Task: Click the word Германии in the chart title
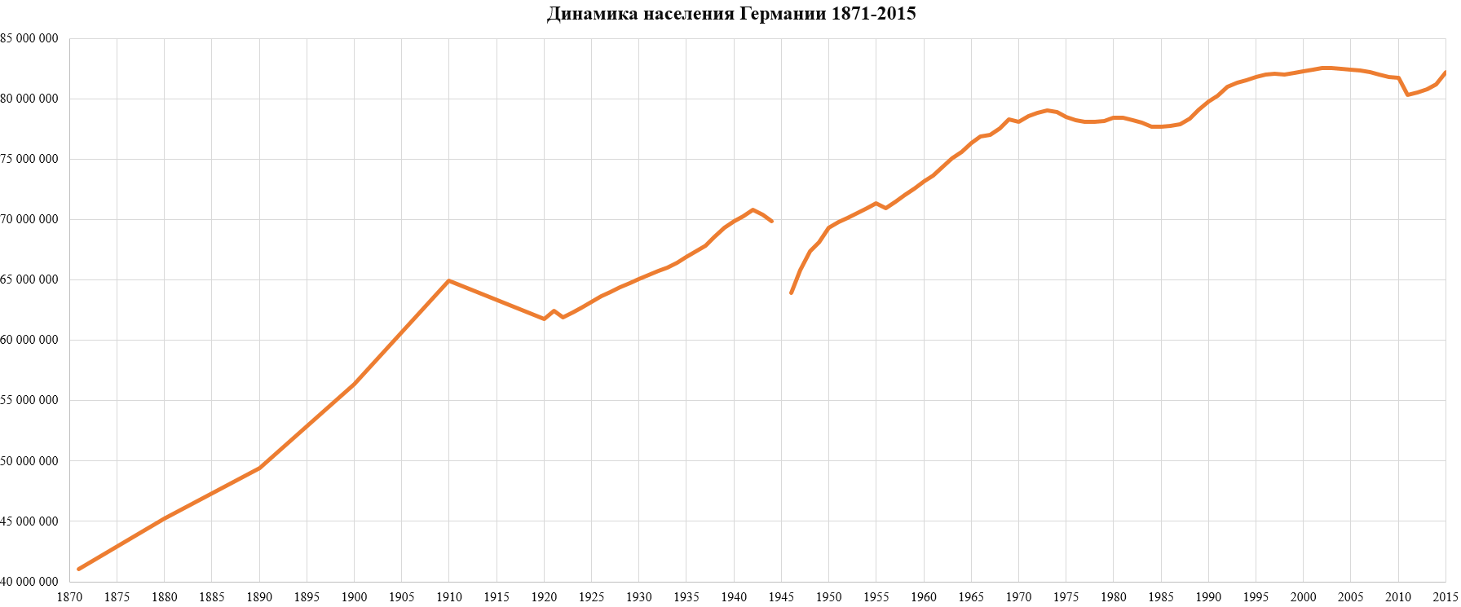(782, 14)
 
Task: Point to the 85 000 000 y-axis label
(29, 38)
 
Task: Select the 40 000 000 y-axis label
(29, 582)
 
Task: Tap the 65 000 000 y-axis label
(29, 279)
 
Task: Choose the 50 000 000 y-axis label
(29, 461)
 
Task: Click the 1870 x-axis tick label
(69, 597)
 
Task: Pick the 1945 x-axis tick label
(781, 597)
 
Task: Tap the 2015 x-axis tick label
(1446, 597)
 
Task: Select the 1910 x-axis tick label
(449, 597)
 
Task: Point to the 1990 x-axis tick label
(1208, 597)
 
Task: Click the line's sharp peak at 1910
(449, 280)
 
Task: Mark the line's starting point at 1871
(78, 569)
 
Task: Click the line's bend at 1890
(259, 468)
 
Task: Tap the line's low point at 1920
(544, 319)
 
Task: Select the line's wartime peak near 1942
(753, 209)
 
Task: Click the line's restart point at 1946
(791, 293)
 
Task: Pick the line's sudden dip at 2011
(1408, 95)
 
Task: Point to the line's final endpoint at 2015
(1446, 72)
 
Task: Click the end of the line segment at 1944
(772, 222)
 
